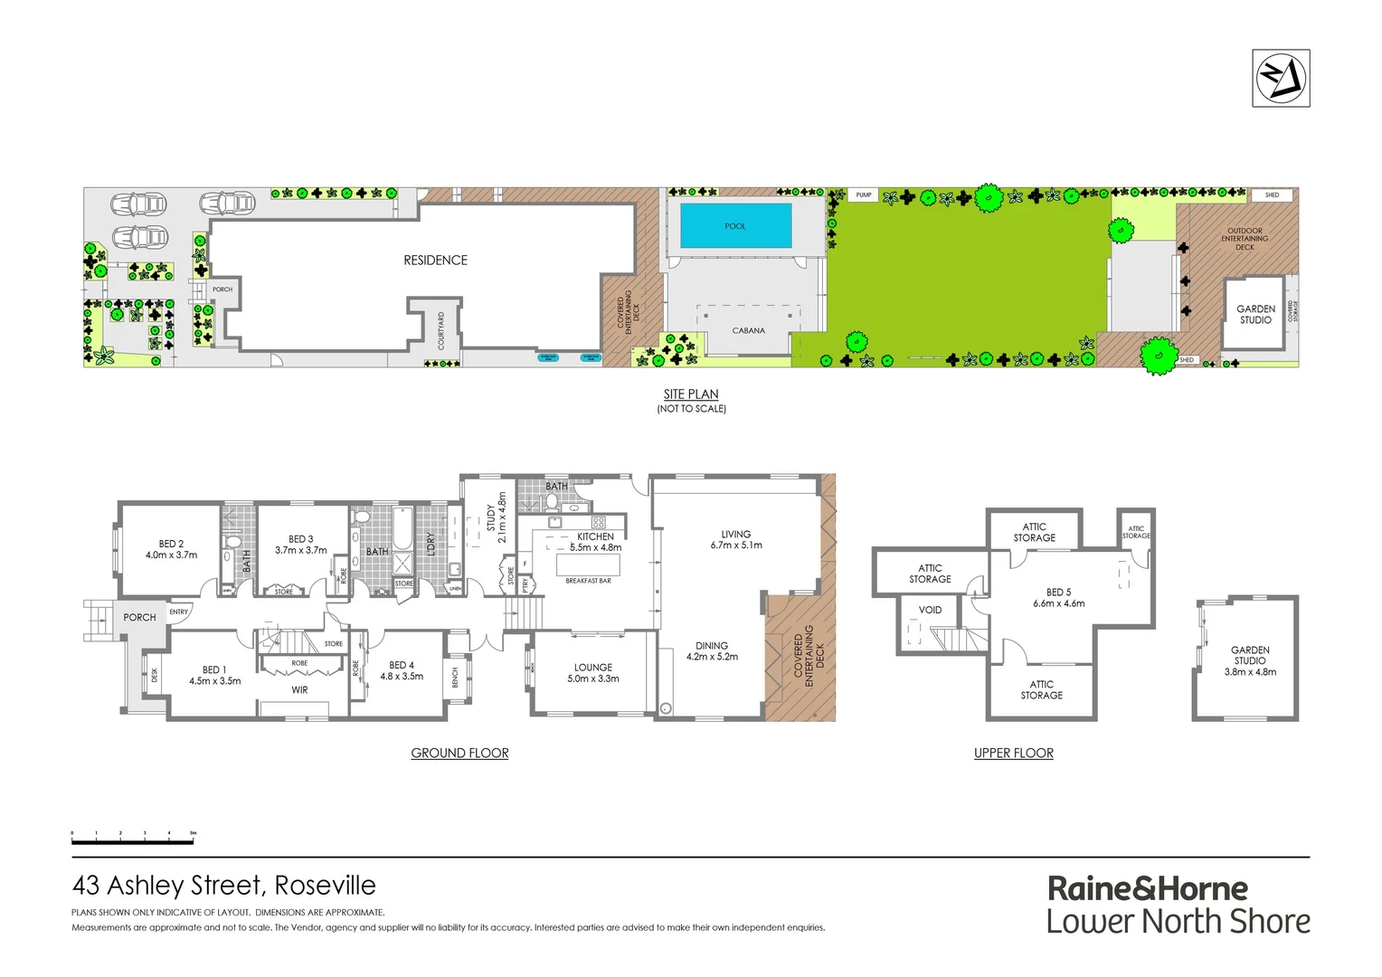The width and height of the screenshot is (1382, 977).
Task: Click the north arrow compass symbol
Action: pyautogui.click(x=1281, y=79)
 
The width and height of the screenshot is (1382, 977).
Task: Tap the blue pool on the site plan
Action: pyautogui.click(x=735, y=225)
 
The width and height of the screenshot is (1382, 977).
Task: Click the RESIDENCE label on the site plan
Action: pyautogui.click(x=435, y=261)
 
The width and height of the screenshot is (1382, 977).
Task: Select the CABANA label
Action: pyautogui.click(x=748, y=331)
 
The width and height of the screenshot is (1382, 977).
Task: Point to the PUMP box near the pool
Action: pyautogui.click(x=864, y=195)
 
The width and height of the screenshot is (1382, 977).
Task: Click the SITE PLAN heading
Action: pyautogui.click(x=691, y=394)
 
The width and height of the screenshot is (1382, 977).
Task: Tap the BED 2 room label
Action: pyautogui.click(x=171, y=545)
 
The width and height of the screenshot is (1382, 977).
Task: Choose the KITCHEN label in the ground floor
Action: pyautogui.click(x=595, y=536)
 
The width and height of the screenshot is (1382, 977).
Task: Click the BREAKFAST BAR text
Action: pyautogui.click(x=588, y=581)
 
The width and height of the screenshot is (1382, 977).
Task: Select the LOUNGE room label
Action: pyautogui.click(x=592, y=668)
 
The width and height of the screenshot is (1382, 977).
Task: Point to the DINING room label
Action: pyautogui.click(x=712, y=646)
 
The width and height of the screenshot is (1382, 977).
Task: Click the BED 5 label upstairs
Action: pyautogui.click(x=1058, y=593)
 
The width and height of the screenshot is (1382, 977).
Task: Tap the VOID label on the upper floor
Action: pyautogui.click(x=930, y=610)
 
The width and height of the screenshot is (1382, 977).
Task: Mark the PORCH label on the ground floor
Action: pyautogui.click(x=139, y=617)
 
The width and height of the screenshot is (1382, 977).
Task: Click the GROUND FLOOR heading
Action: pyautogui.click(x=459, y=753)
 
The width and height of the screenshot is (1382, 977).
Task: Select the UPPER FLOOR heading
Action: pyautogui.click(x=1013, y=753)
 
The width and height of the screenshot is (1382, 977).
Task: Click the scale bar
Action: pyautogui.click(x=133, y=840)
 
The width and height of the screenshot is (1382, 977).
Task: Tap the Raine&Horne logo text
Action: pyautogui.click(x=1147, y=888)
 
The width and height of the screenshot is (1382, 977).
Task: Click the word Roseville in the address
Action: pyautogui.click(x=325, y=886)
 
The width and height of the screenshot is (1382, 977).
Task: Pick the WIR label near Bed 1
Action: pyautogui.click(x=299, y=690)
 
